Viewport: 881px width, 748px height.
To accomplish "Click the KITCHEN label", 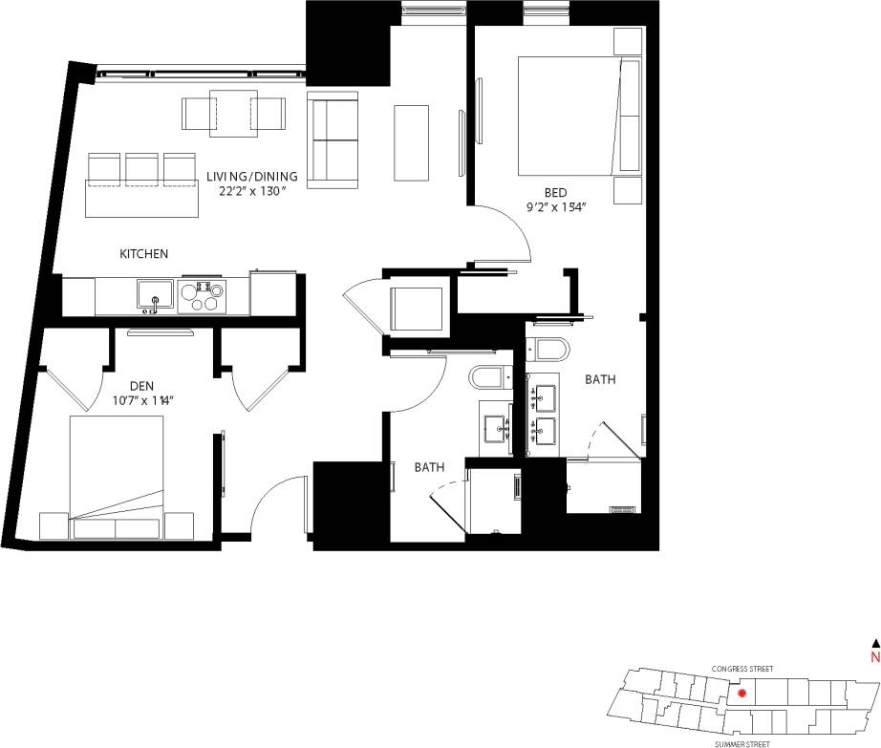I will [143, 254].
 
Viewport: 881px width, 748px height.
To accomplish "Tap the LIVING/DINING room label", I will [252, 176].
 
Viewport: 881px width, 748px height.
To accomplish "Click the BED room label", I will [555, 193].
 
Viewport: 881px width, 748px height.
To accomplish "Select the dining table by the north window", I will [233, 112].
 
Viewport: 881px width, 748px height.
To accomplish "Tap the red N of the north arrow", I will [873, 657].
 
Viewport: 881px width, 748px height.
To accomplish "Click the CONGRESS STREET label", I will [742, 669].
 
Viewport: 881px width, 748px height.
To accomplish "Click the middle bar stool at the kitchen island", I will [141, 169].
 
